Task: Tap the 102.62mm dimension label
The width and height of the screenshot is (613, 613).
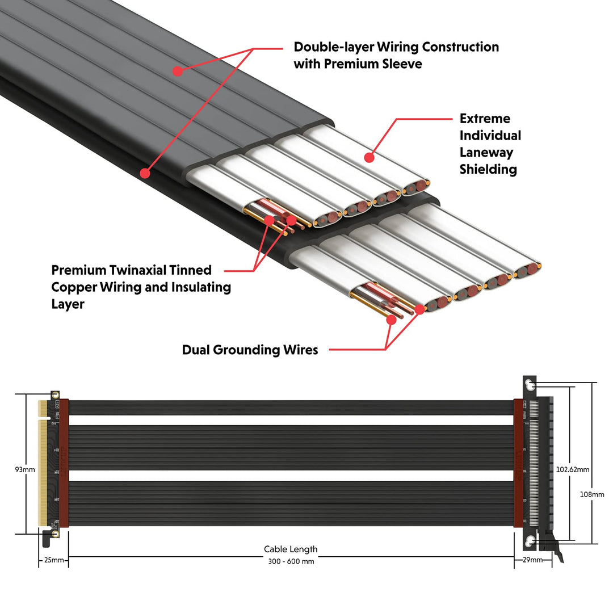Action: [x=573, y=469]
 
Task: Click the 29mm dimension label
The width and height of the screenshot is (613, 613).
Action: [x=532, y=560]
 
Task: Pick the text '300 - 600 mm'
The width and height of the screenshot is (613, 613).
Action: [x=291, y=561]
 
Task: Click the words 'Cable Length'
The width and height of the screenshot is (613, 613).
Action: [x=291, y=549]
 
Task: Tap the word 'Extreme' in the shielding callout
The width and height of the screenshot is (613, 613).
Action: [x=485, y=119]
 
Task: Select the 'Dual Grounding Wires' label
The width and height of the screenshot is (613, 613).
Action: [x=250, y=350]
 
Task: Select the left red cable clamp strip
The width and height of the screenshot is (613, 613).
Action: [x=64, y=463]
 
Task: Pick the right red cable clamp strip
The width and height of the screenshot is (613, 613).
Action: [x=518, y=463]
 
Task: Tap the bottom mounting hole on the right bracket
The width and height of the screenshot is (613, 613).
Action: [x=530, y=540]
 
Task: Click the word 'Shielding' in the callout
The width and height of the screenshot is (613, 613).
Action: [x=488, y=170]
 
